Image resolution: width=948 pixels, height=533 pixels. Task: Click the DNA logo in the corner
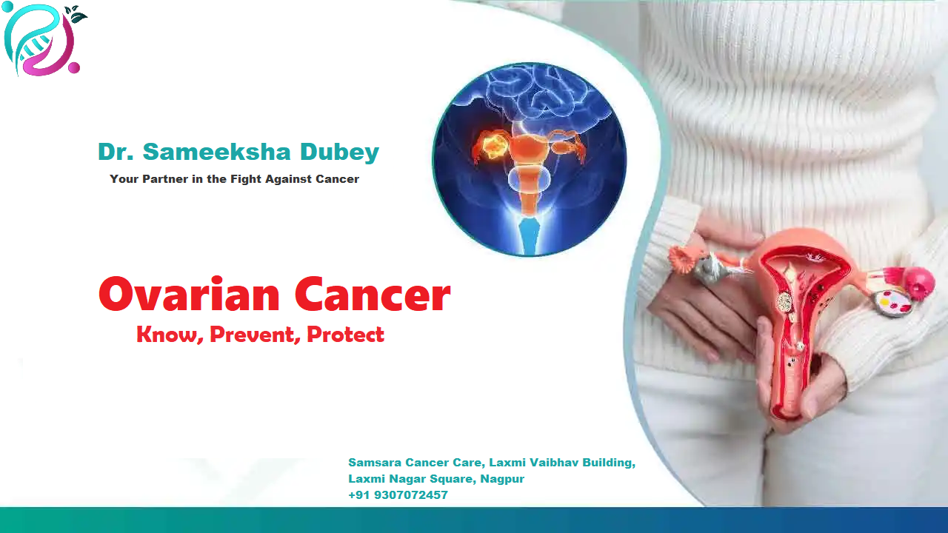(41, 41)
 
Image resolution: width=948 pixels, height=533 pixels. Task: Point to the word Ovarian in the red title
(189, 294)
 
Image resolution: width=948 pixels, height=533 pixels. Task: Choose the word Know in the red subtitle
(168, 335)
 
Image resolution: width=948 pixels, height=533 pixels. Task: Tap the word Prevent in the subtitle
(254, 335)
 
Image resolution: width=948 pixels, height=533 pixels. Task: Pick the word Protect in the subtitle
(345, 335)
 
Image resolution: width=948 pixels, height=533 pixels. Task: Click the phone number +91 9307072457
(398, 495)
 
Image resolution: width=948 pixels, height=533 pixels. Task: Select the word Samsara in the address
(375, 463)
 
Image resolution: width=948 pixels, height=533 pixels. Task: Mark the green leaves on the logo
(76, 15)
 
